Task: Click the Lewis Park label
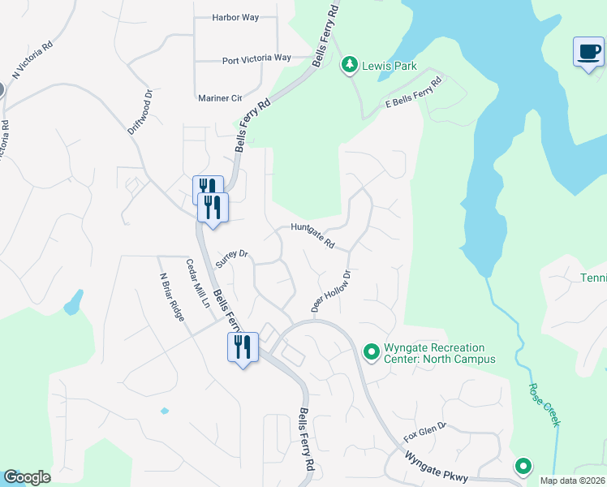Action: point(390,65)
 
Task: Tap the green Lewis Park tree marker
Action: point(350,64)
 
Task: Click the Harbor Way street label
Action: point(234,17)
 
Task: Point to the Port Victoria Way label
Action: point(256,58)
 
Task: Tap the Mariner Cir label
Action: point(220,98)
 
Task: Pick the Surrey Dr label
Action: point(231,256)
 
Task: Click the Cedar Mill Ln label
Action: point(198,281)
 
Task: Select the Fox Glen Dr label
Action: point(425,428)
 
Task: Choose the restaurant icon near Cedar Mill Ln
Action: point(243,347)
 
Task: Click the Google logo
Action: point(28,477)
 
